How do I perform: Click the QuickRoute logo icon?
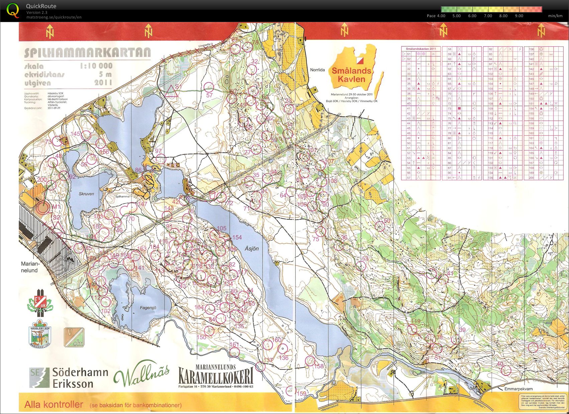click(13, 10)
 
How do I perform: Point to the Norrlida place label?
click(317, 70)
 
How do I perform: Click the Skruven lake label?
click(86, 194)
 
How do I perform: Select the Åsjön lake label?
click(251, 249)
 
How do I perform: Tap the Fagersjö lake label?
click(148, 307)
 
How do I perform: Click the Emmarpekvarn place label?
click(518, 389)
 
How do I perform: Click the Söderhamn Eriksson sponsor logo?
click(69, 377)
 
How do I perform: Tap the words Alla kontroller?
click(53, 404)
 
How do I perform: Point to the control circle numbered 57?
click(209, 87)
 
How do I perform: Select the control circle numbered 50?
click(379, 226)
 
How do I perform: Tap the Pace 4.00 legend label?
click(436, 16)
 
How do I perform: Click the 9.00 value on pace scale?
click(519, 16)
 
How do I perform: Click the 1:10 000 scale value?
click(96, 66)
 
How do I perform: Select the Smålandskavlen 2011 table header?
click(421, 49)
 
